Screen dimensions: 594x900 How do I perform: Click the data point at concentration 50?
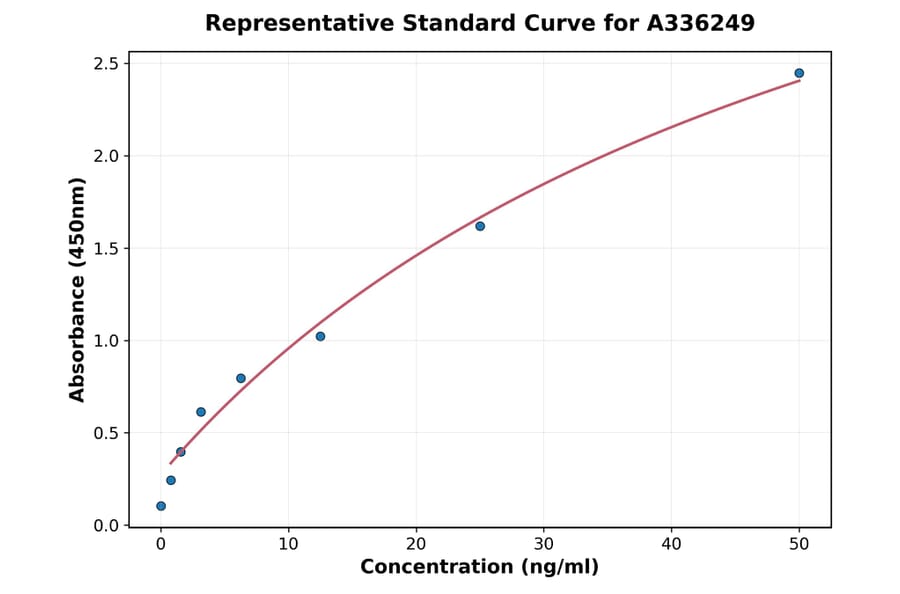(799, 73)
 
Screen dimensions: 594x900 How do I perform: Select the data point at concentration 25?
(480, 226)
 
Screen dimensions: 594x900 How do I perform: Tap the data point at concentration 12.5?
(320, 336)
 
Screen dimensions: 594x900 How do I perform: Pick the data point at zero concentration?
(161, 506)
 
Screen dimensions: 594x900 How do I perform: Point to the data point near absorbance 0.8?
(241, 378)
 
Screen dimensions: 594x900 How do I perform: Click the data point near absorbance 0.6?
(201, 412)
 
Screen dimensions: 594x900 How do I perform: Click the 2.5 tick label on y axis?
(106, 64)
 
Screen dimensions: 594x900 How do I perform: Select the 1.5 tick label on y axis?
(106, 249)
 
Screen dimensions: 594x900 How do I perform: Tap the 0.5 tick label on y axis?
(106, 433)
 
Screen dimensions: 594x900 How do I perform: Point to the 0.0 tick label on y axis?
(106, 526)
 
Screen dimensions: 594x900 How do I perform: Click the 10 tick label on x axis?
(288, 544)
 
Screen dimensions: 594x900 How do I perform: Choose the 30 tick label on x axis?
(544, 544)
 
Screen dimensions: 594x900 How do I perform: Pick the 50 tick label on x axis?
(799, 544)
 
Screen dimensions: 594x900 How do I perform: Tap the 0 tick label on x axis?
(161, 544)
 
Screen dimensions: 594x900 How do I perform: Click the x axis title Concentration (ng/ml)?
(480, 568)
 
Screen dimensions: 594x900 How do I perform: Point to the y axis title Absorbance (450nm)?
(78, 289)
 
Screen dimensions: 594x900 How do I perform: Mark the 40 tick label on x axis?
(672, 544)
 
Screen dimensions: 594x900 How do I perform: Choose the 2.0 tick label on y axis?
(106, 156)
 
